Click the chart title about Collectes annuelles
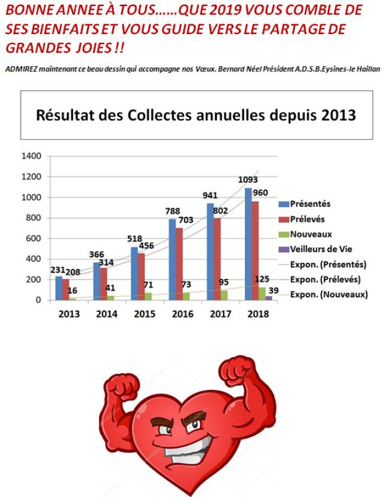click(x=196, y=115)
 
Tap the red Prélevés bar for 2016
click(x=179, y=263)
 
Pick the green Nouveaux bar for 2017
click(x=224, y=295)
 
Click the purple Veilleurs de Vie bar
click(x=269, y=297)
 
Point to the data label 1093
click(x=248, y=180)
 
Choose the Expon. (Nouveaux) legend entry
click(x=327, y=294)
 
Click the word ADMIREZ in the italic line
click(x=20, y=69)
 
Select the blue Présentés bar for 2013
click(x=59, y=288)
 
